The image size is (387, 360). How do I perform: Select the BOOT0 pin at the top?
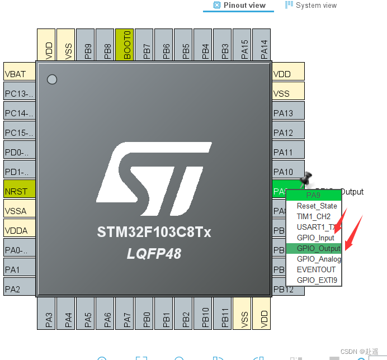pyautogui.click(x=127, y=45)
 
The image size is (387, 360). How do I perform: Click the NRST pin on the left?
pyautogui.click(x=20, y=192)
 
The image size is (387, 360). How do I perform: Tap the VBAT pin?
pyautogui.click(x=20, y=74)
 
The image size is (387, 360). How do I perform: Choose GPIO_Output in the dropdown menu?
pyautogui.click(x=318, y=248)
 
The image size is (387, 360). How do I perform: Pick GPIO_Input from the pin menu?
pyautogui.click(x=315, y=238)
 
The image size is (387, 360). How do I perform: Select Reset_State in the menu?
pyautogui.click(x=317, y=206)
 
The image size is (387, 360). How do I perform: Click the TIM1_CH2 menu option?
pyautogui.click(x=313, y=216)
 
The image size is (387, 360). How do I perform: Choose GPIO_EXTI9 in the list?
pyautogui.click(x=317, y=280)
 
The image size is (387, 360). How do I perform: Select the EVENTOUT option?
pyautogui.click(x=316, y=269)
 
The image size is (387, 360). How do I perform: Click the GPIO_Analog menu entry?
pyautogui.click(x=318, y=259)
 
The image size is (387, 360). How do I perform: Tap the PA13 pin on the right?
pyautogui.click(x=289, y=113)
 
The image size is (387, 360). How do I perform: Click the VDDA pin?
pyautogui.click(x=20, y=231)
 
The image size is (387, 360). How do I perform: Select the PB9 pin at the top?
pyautogui.click(x=88, y=45)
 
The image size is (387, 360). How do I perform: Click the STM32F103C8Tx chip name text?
pyautogui.click(x=154, y=232)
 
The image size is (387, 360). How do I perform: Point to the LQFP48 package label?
pyautogui.click(x=154, y=254)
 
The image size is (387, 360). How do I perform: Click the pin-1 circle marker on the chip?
pyautogui.click(x=52, y=79)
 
